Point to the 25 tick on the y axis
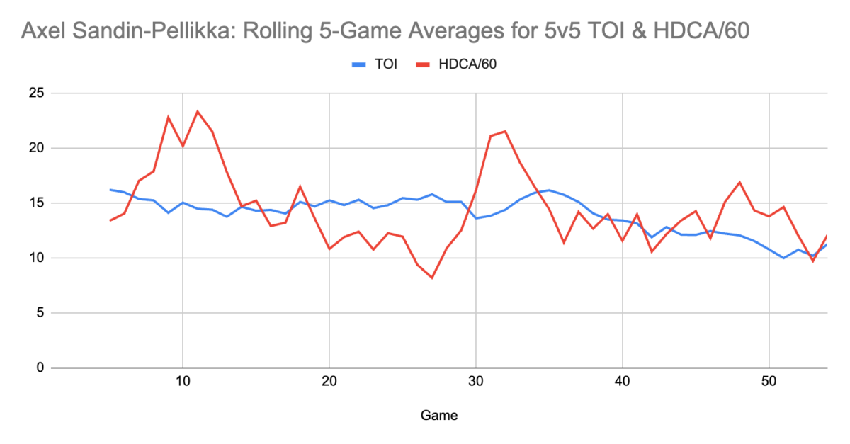click(x=35, y=93)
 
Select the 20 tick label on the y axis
click(x=35, y=148)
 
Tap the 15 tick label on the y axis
click(x=35, y=203)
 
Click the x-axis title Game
click(x=439, y=416)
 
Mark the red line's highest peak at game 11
click(x=198, y=111)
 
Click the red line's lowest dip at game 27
click(x=431, y=278)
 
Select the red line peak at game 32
click(x=505, y=131)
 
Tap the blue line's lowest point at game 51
click(x=783, y=258)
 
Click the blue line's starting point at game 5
click(x=110, y=190)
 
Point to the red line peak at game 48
click(x=739, y=182)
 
